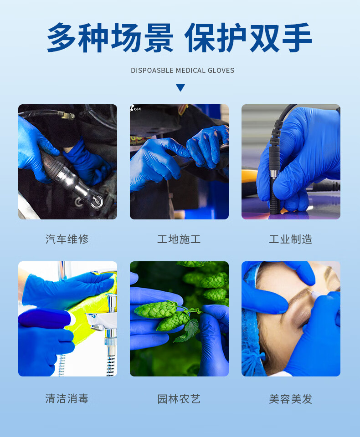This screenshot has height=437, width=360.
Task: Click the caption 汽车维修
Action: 67,239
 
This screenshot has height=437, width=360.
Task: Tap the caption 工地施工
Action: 179,239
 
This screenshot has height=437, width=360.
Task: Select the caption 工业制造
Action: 290,239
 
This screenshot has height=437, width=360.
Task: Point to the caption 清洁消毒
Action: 67,399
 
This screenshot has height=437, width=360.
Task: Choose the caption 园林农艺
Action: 179,399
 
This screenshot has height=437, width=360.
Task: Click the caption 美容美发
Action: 290,399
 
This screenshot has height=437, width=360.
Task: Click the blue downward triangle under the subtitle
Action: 180,87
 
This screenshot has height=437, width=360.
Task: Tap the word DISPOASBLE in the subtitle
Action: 152,71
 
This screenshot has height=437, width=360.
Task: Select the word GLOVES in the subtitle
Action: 221,71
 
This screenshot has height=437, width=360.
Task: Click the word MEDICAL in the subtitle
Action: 190,71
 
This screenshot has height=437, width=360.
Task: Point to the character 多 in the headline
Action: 62,38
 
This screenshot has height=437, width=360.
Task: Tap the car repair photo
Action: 67,162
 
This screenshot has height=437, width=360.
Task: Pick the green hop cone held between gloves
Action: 155,310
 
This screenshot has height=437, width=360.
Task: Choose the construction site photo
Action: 179,162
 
